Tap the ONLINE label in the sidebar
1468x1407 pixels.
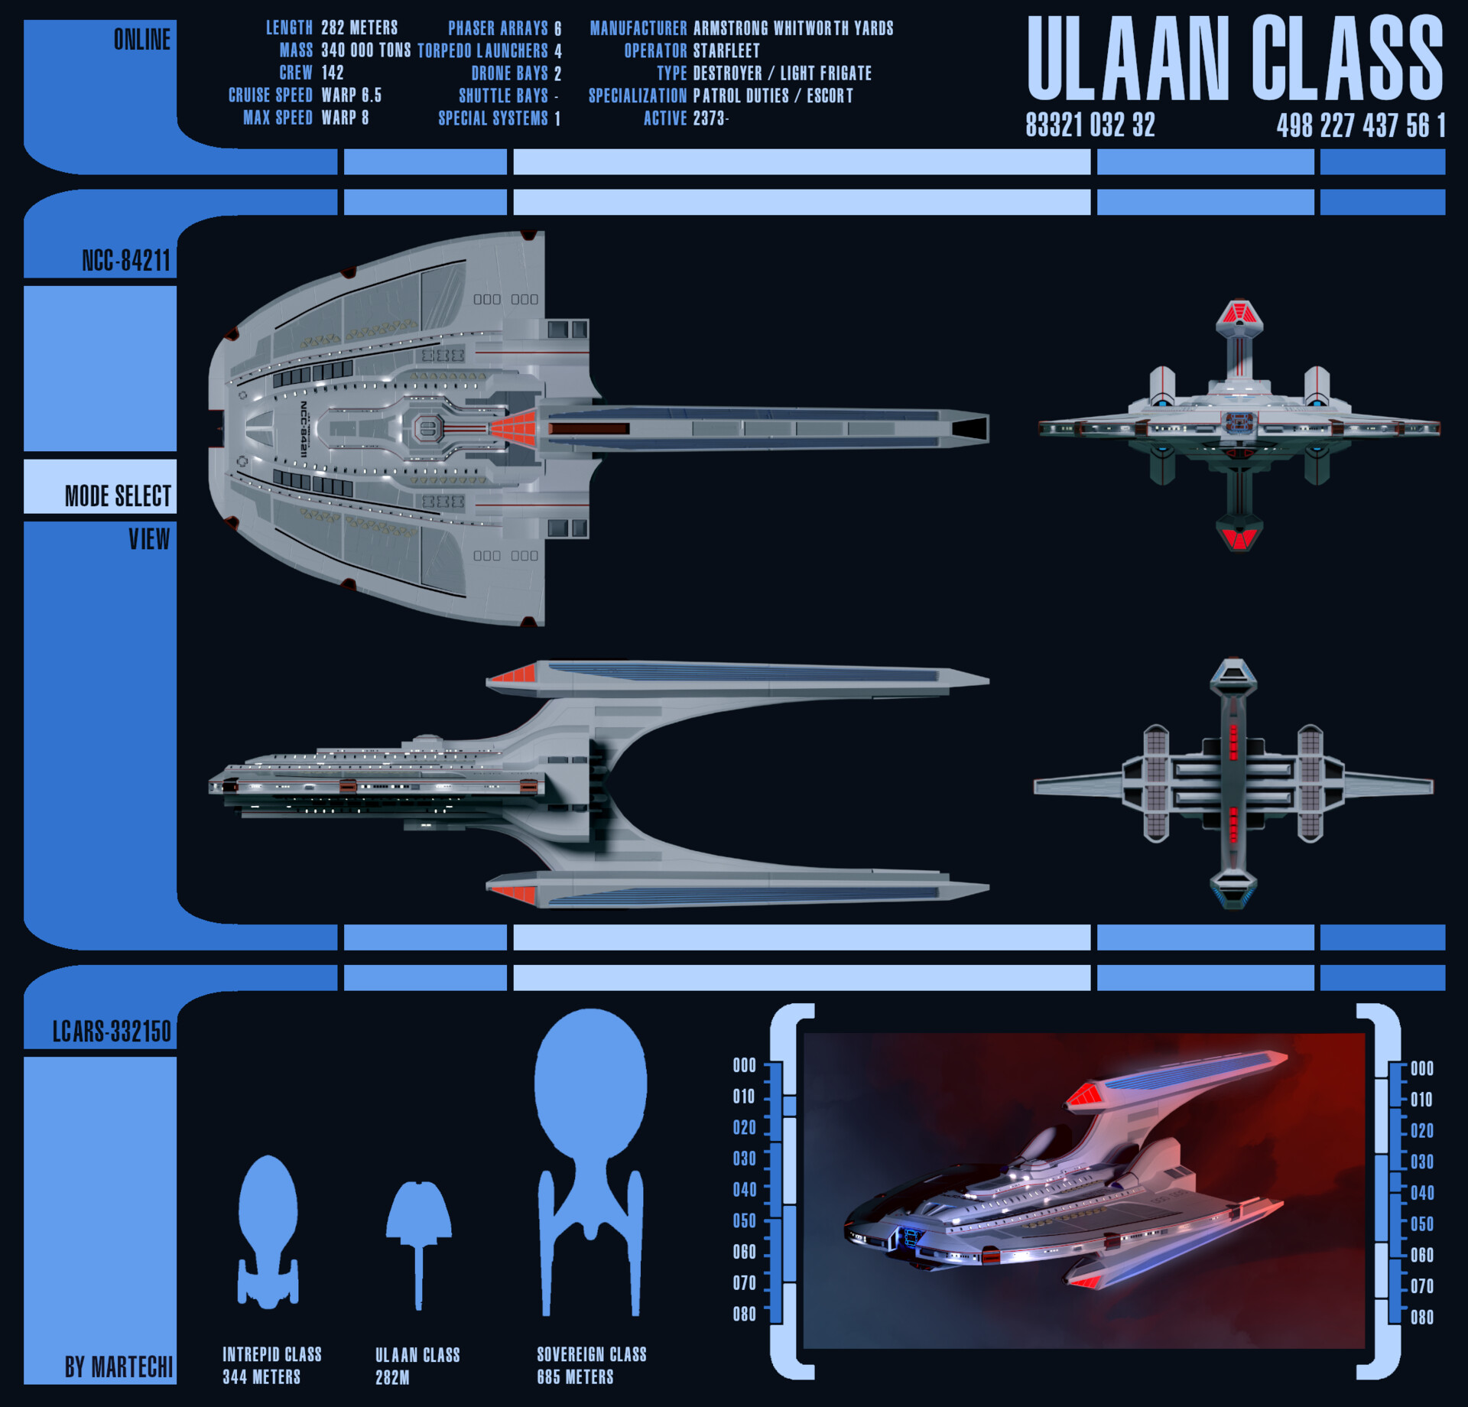pos(141,40)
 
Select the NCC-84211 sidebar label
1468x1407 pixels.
pos(125,261)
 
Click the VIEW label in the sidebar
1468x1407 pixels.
pos(149,539)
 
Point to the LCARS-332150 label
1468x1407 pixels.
pos(112,1032)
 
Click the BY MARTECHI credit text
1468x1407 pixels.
pos(119,1366)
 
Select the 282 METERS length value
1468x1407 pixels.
pos(359,28)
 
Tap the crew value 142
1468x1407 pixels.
pos(333,73)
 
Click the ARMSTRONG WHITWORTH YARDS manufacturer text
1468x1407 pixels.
pos(793,28)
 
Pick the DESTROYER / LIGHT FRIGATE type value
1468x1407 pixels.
pos(782,73)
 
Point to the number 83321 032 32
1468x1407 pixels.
pos(1090,125)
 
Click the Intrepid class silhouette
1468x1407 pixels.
pos(268,1231)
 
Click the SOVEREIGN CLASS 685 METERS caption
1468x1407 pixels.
pos(591,1365)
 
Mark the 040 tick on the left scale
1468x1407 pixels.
pos(745,1189)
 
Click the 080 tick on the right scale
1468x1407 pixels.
pos(1421,1317)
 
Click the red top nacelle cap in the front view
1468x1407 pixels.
pos(1239,313)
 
